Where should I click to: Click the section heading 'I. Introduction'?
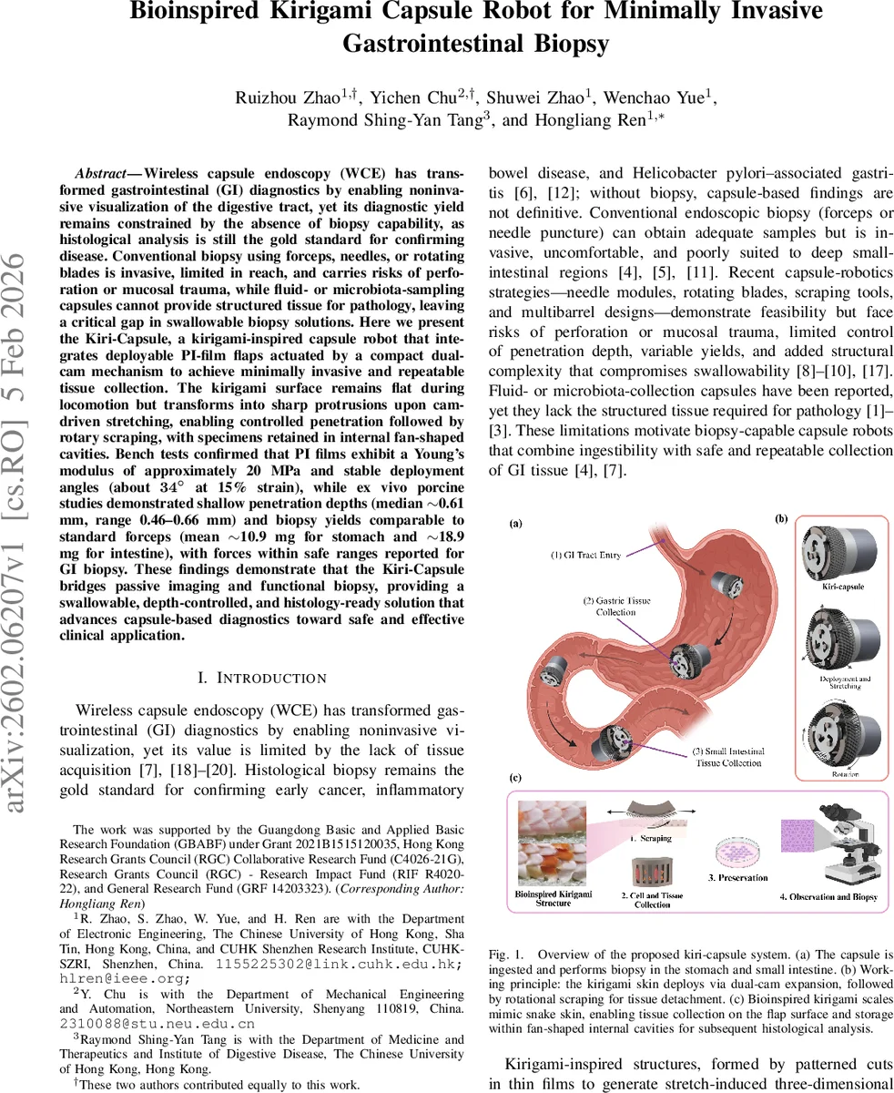point(261,678)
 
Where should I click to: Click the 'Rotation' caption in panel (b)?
point(840,772)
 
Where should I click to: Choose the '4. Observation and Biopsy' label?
point(828,897)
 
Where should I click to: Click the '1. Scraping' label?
point(650,838)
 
